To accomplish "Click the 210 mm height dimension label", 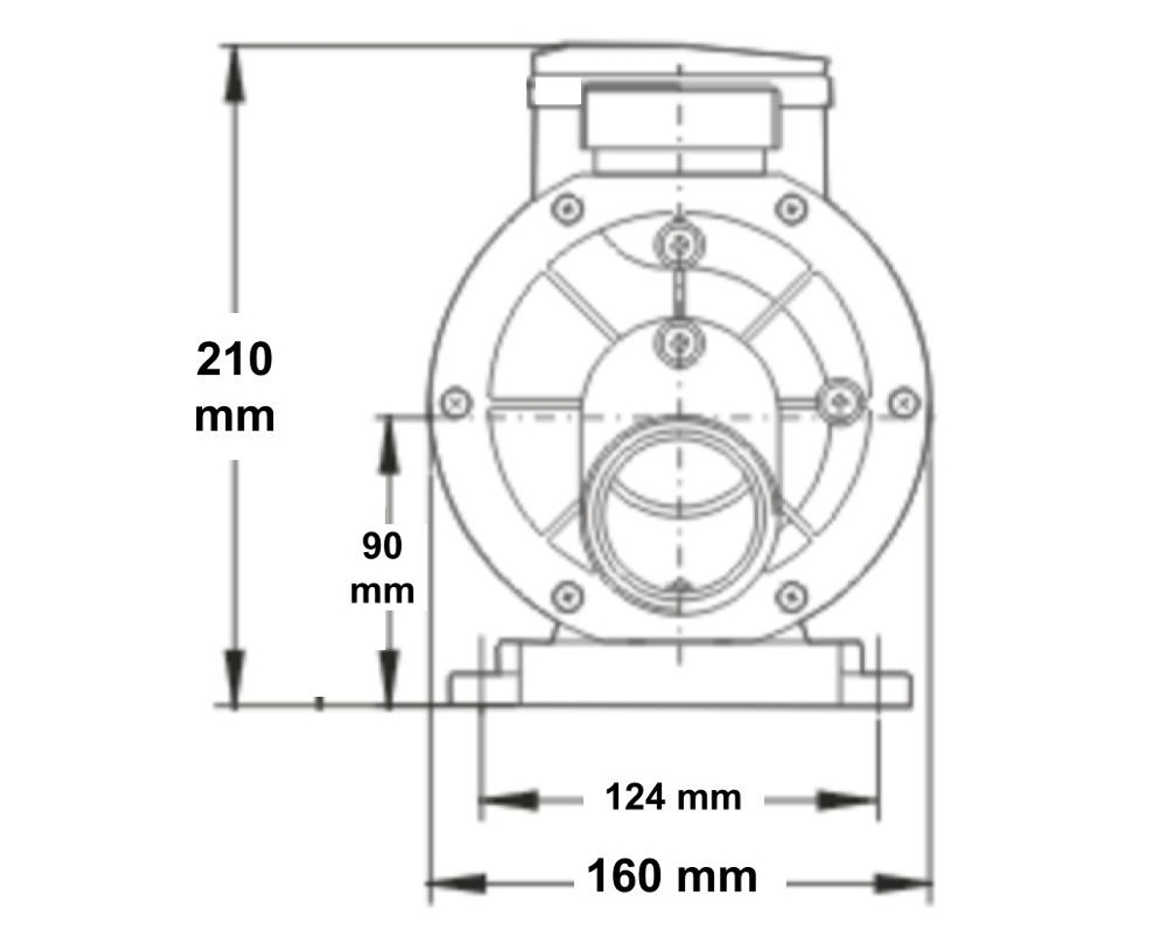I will [x=235, y=387].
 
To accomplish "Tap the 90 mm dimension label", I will [x=382, y=568].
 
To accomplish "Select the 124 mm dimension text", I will [x=672, y=798].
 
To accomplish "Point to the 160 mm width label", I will [x=671, y=878].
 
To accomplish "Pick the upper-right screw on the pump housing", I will [x=792, y=208].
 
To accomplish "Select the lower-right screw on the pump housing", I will [x=792, y=596].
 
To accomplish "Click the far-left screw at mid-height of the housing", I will [x=455, y=401].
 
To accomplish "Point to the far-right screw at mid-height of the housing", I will [x=904, y=401].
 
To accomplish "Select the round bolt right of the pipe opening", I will [x=838, y=401].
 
